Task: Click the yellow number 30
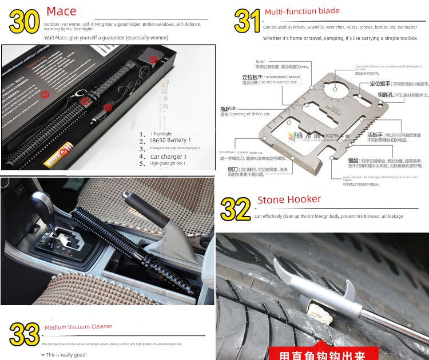click(25, 21)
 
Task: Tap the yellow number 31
click(247, 21)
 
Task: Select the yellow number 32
click(235, 209)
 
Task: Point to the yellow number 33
click(24, 334)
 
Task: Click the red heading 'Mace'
click(61, 11)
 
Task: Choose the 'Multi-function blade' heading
click(302, 11)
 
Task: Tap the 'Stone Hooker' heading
click(289, 199)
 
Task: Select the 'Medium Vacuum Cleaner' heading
click(78, 327)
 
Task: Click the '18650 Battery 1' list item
click(170, 139)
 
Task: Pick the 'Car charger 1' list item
click(169, 156)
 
